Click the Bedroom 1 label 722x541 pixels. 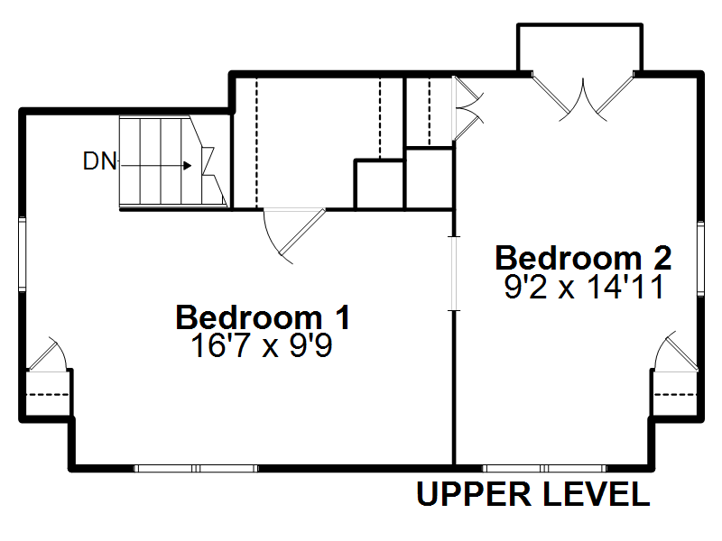point(263,317)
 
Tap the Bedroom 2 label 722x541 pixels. point(583,258)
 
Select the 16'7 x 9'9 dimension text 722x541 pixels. point(262,345)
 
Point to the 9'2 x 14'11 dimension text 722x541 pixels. point(584,287)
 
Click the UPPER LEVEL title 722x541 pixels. point(533,494)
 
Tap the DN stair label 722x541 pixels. point(99,161)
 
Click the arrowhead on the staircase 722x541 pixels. point(188,165)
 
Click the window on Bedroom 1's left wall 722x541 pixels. point(22,254)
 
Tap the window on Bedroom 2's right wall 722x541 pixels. point(700,259)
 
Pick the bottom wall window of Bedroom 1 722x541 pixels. point(196,468)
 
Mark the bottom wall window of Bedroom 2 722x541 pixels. point(545,468)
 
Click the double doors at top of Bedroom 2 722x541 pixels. point(583,96)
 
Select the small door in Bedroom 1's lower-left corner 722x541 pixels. point(48,354)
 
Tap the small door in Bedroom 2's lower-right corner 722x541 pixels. point(676,352)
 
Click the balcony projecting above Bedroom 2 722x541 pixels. point(579,48)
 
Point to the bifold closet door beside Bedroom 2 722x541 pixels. point(467,108)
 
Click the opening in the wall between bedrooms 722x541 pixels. point(455,274)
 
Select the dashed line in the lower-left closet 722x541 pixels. point(48,394)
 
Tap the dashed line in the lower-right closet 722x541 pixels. point(675,394)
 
